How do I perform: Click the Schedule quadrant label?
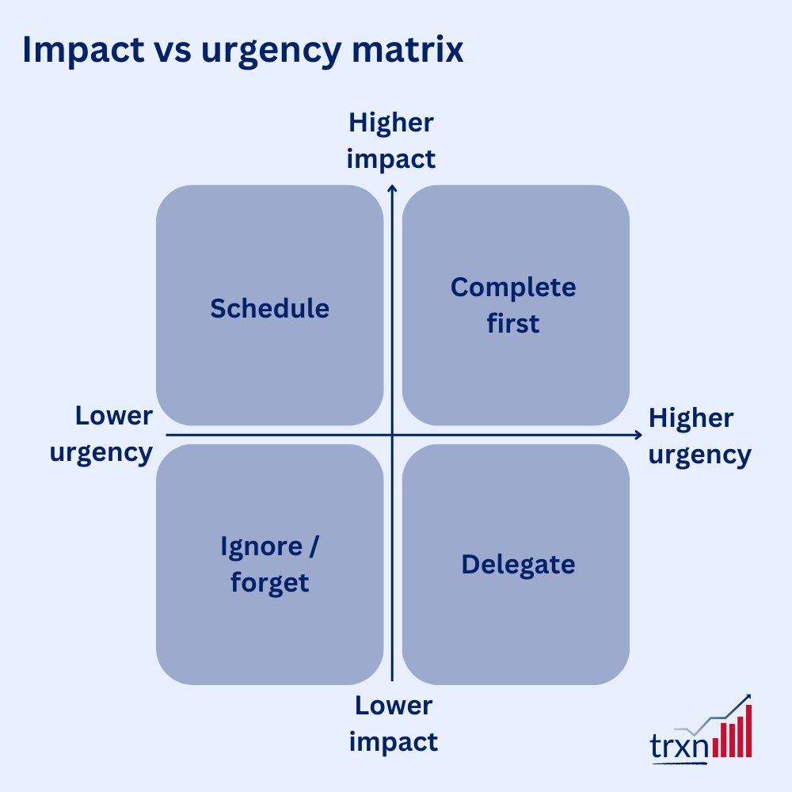[x=270, y=308]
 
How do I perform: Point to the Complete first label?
[x=513, y=305]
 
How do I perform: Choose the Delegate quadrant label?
[x=518, y=565]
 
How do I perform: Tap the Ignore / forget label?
[x=270, y=564]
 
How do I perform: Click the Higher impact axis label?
[x=391, y=141]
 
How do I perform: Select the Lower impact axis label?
[x=394, y=724]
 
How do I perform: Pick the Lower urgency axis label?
[x=101, y=435]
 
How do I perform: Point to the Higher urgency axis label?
[x=699, y=437]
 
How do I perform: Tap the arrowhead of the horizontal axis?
[x=639, y=435]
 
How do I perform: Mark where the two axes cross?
[x=392, y=435]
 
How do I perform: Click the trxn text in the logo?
[x=680, y=745]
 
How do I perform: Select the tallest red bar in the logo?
[x=748, y=731]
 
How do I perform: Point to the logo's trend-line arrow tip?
[x=749, y=695]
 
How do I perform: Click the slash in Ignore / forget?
[x=314, y=546]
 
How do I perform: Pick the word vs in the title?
[x=172, y=52]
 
